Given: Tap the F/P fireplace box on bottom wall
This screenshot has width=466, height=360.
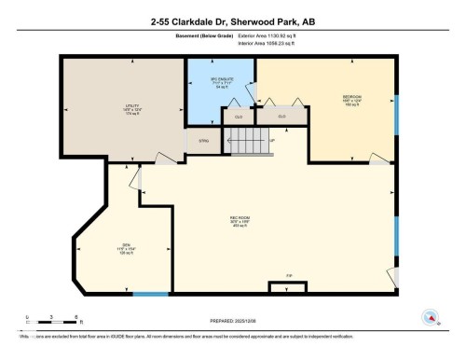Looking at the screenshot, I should (287, 284).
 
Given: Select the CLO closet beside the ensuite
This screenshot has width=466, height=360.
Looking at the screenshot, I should (239, 117).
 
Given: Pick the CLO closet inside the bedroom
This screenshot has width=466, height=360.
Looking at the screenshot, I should (281, 116).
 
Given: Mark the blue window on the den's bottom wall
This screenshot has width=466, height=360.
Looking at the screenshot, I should (151, 295).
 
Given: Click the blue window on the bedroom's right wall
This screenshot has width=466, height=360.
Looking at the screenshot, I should (397, 112).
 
